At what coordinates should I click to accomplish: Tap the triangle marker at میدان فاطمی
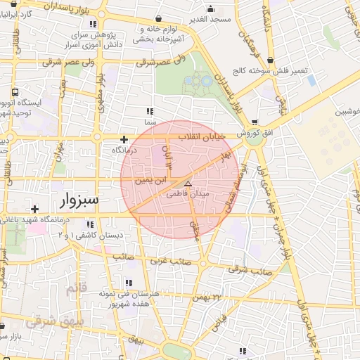coord(187,183)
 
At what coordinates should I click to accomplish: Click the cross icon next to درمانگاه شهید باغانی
coord(34,209)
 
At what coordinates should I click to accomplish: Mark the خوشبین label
coord(347,112)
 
